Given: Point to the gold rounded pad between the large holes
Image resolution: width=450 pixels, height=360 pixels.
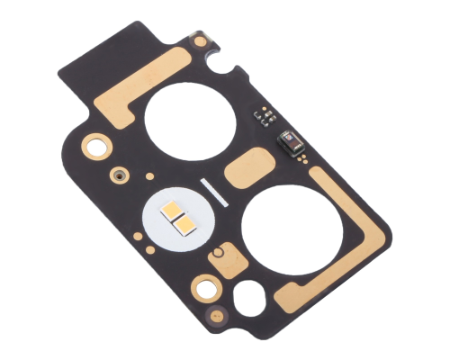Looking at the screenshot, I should pos(247,166).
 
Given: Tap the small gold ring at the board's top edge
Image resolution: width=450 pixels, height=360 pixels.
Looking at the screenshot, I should pos(199,40).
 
